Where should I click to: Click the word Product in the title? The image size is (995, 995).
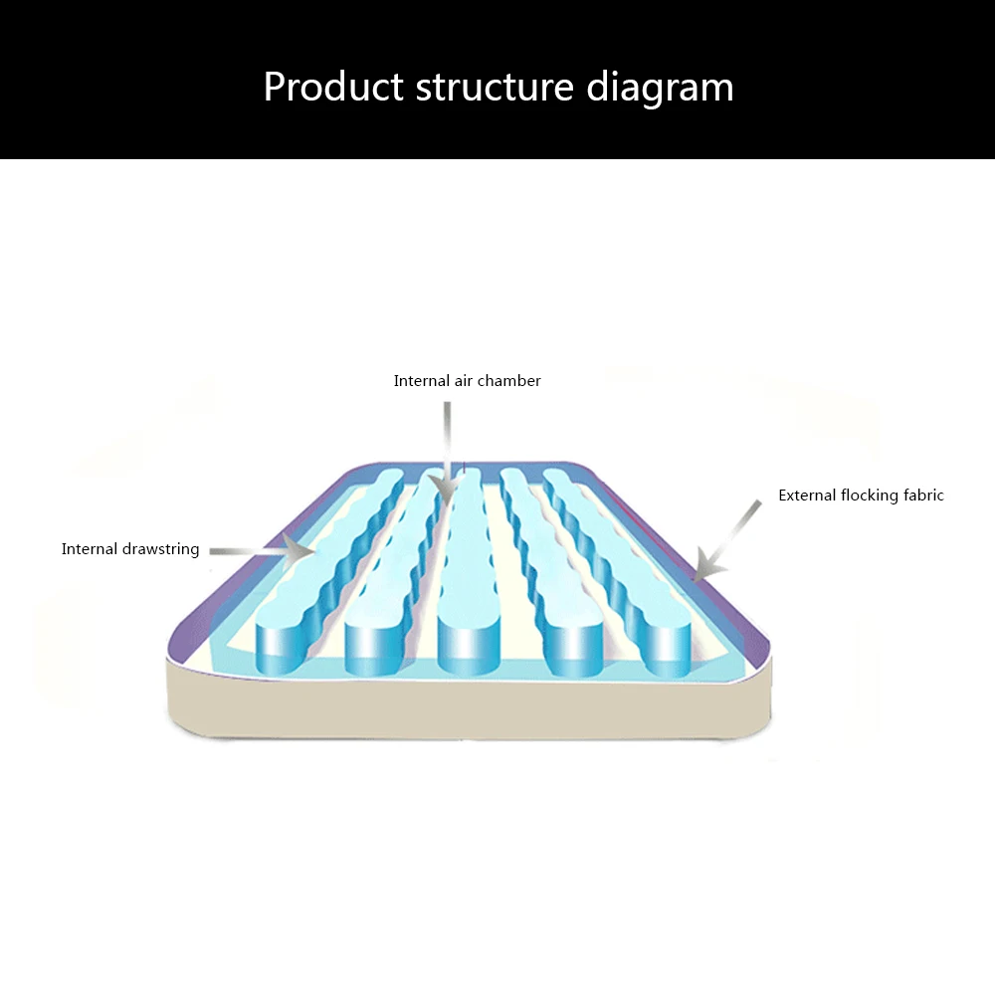[333, 87]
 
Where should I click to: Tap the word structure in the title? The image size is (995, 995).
[495, 87]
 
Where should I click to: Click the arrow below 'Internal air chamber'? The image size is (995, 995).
[447, 454]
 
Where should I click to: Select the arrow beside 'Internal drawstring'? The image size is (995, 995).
[262, 551]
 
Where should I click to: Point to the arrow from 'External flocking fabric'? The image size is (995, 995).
[726, 540]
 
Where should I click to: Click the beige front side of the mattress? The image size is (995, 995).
[470, 707]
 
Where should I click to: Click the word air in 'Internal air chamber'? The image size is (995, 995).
[464, 380]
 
